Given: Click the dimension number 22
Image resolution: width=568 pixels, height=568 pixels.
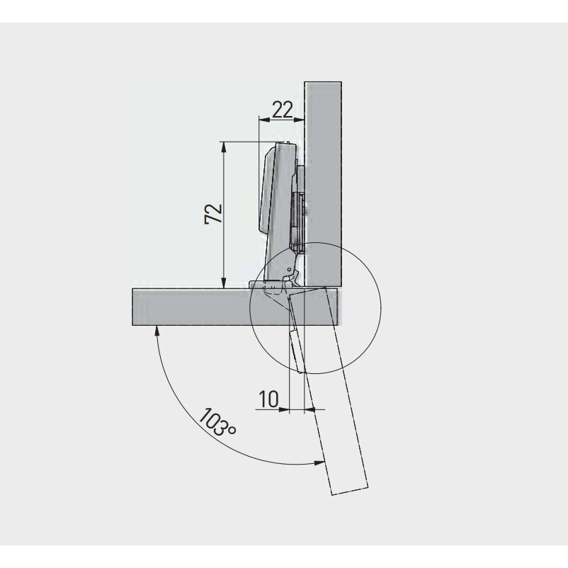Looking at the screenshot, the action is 283,109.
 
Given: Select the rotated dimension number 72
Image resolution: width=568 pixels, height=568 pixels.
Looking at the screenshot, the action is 213,214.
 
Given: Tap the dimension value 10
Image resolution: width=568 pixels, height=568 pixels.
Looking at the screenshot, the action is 268,399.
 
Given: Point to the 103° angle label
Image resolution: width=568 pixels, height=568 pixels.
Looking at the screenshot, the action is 217,422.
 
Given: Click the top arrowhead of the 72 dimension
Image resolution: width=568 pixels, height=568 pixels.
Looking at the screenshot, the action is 224,147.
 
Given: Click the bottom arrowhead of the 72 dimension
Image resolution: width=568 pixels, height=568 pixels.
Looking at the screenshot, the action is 224,283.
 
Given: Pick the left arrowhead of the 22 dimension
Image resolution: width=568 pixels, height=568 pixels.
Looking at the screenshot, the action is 264,120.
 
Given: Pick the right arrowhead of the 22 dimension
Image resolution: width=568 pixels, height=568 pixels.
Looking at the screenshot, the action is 298,120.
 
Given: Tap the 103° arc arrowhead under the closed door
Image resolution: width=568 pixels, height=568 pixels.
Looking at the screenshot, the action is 157,330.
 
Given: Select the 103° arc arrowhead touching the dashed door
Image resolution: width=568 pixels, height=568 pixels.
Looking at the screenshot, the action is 319,462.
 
